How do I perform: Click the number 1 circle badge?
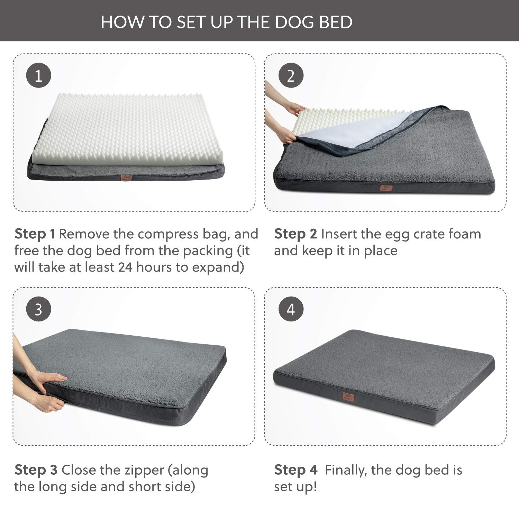pos(39,75)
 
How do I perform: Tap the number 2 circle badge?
pos(291,75)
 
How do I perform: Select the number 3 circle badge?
pos(39,309)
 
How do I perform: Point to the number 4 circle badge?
pos(291,309)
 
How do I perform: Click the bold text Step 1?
pos(35,234)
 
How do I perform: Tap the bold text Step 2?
pos(295,234)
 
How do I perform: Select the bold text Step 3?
pos(36,470)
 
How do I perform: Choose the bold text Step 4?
pos(295,470)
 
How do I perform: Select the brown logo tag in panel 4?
pos(347,396)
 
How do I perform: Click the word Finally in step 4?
pos(346,470)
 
